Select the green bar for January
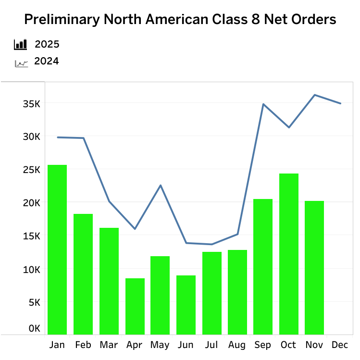[x=57, y=249]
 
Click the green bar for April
[x=135, y=306]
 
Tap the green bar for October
[x=289, y=254]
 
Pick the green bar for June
[x=186, y=305]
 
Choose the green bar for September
[x=263, y=267]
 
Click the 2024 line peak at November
[x=315, y=95]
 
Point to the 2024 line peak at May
[x=161, y=186]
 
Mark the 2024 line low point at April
[x=135, y=229]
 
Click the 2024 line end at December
[x=340, y=103]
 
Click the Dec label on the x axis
[x=340, y=345]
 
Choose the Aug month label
[x=237, y=345]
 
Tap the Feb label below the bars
[x=83, y=345]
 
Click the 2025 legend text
[x=47, y=45]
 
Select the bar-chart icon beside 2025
[x=21, y=45]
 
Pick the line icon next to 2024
[x=21, y=62]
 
